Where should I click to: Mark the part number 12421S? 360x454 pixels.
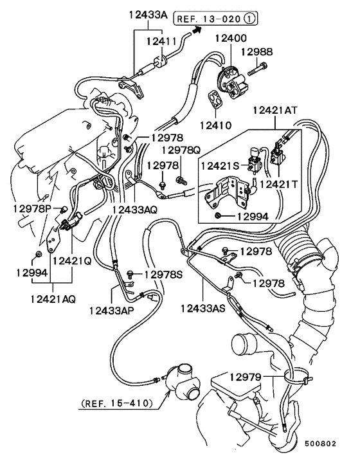click(221, 165)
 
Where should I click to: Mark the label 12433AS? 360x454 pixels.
click(203, 309)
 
